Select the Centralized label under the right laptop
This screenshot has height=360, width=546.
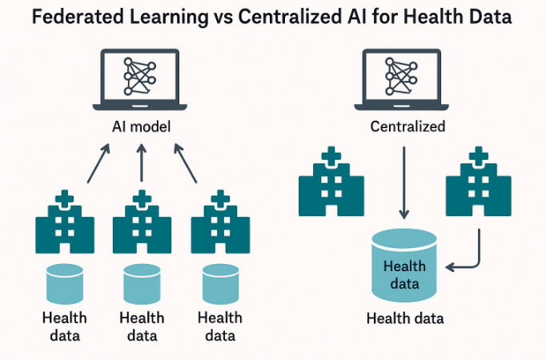[x=407, y=126]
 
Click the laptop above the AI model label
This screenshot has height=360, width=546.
[x=141, y=80]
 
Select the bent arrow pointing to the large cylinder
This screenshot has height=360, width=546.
[x=472, y=256]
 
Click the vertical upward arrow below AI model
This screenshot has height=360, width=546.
[x=142, y=163]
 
